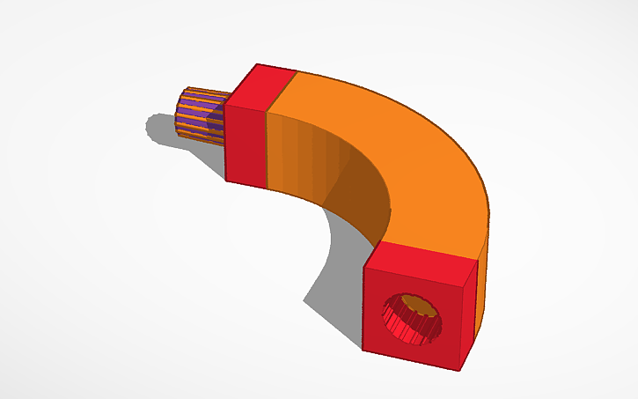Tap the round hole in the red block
tap(413, 315)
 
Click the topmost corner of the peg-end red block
tap(257, 63)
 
